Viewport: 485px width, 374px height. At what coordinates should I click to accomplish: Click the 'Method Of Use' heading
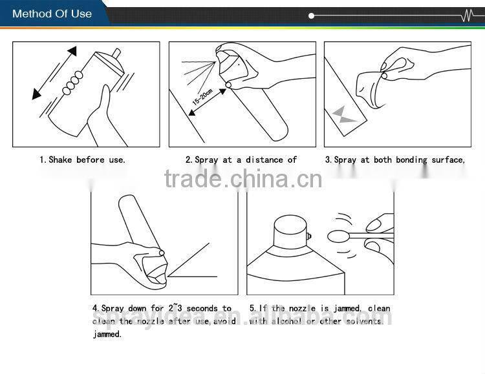(x=52, y=14)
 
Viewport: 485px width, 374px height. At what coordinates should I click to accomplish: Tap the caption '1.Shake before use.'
(x=82, y=160)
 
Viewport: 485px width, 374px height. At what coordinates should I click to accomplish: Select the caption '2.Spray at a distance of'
(x=241, y=160)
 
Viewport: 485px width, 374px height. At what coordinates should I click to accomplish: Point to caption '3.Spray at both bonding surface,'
(x=395, y=160)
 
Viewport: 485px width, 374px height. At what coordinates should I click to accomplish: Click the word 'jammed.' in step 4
(x=107, y=335)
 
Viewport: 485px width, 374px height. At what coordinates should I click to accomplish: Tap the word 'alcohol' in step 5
(x=287, y=322)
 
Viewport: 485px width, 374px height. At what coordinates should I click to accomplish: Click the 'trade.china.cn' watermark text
(x=242, y=178)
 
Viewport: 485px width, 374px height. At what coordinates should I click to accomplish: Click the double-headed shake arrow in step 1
(x=54, y=73)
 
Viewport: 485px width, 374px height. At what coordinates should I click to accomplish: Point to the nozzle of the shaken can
(x=116, y=53)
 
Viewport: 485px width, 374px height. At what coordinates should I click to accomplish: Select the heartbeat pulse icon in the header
(x=470, y=16)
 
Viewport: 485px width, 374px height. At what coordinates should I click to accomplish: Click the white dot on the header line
(x=312, y=16)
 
